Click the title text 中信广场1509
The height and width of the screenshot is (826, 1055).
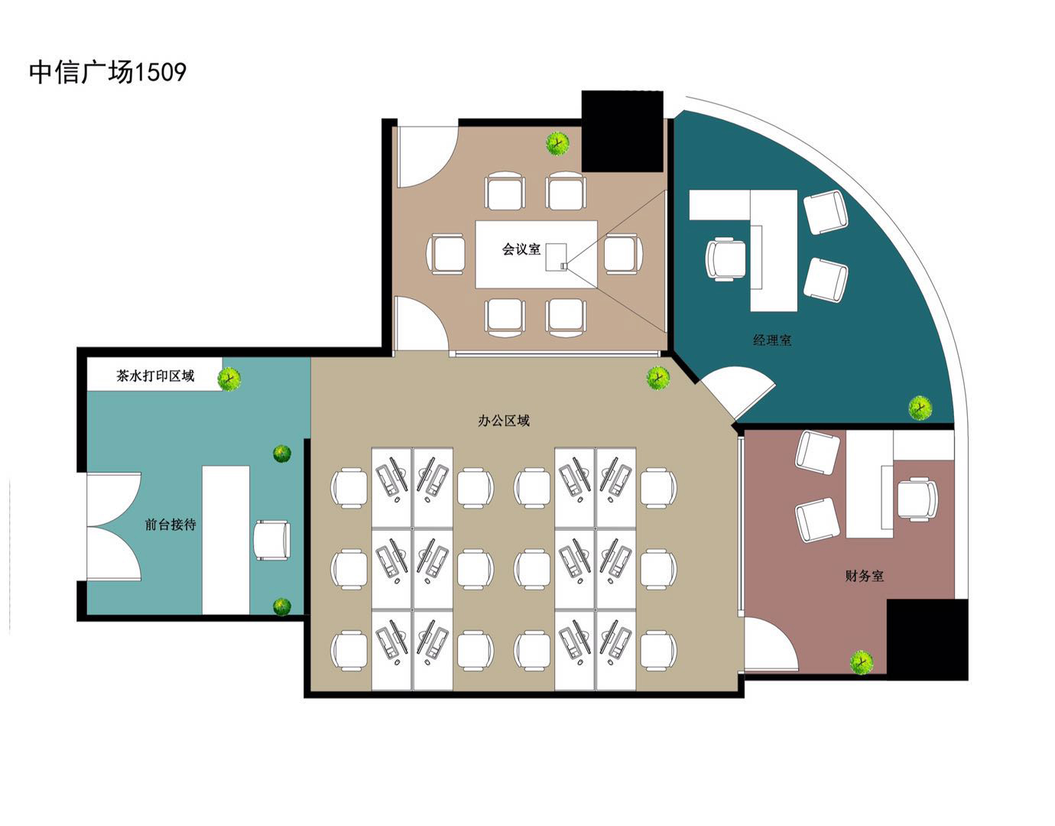[x=107, y=73]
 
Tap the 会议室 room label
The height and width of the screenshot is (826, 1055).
[x=521, y=249]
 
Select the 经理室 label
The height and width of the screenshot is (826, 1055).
[x=772, y=340]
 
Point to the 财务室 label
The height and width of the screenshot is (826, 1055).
[x=864, y=576]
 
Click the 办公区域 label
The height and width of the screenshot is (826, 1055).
[x=504, y=421]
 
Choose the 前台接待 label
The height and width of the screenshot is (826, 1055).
[x=170, y=525]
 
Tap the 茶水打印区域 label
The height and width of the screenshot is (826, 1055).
[x=155, y=376]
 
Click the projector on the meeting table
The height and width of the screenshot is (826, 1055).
[x=563, y=265]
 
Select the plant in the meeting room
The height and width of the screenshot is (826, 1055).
[x=557, y=144]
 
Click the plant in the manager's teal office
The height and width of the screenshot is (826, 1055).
[x=920, y=408]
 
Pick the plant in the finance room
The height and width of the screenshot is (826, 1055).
[x=862, y=662]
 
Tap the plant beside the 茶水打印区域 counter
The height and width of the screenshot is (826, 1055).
[x=229, y=379]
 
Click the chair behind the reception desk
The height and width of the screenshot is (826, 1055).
[x=272, y=541]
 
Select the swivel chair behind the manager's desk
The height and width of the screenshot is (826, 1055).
[x=726, y=259]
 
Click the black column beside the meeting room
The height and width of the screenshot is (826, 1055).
[x=622, y=131]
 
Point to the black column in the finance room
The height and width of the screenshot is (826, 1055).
[x=927, y=639]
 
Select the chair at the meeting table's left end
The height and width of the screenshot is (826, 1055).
[x=446, y=255]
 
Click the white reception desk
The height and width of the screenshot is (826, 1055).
[x=226, y=540]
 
